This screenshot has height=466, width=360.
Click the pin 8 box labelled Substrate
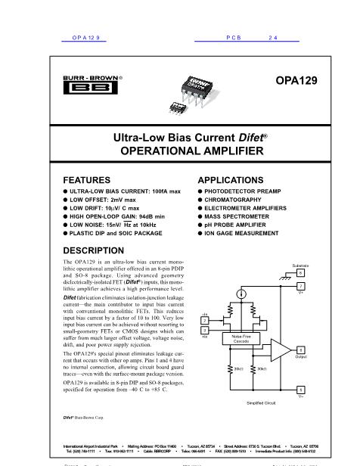(x=300, y=272)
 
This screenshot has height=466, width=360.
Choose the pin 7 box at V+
(x=300, y=287)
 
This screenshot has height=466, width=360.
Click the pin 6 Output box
(x=300, y=349)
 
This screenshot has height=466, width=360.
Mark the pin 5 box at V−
(x=300, y=389)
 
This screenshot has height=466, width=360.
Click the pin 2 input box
(x=205, y=321)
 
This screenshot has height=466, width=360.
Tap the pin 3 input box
(x=205, y=331)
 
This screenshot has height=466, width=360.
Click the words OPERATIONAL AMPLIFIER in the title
(x=179, y=151)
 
